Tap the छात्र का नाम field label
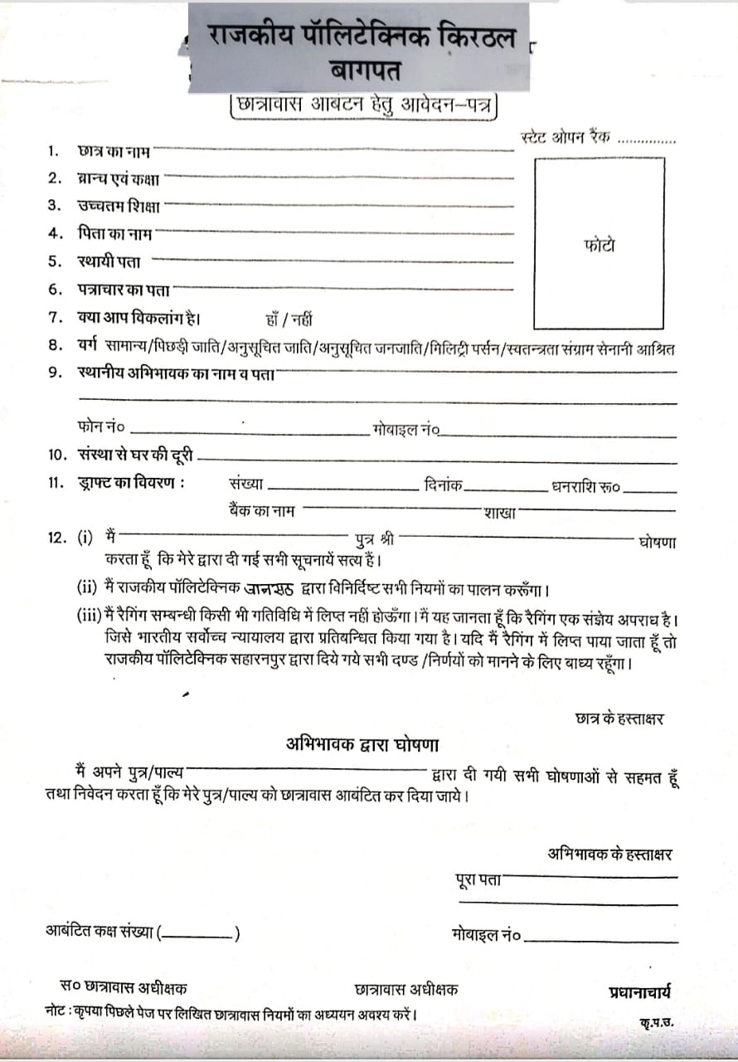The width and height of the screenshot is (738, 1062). (x=114, y=151)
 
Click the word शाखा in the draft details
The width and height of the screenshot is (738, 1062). (x=499, y=513)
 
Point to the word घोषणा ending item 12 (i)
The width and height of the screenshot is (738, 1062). (x=657, y=543)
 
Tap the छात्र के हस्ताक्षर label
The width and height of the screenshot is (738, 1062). (x=619, y=719)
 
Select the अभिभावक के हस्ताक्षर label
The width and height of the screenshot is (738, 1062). (x=609, y=853)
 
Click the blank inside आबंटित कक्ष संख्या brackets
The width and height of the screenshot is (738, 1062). (x=198, y=934)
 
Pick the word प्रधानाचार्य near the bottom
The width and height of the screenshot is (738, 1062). (x=640, y=991)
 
